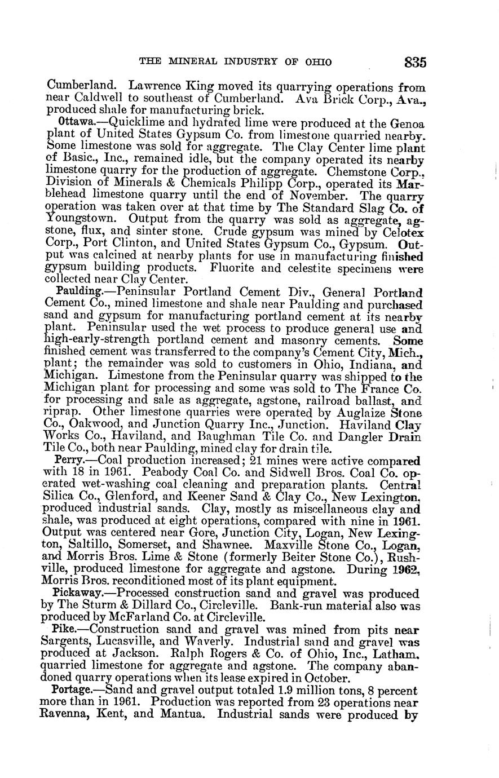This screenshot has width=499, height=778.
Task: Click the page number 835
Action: [x=414, y=61]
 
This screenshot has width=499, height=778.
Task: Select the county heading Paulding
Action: [x=79, y=292]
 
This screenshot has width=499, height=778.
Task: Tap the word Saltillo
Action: [x=96, y=545]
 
